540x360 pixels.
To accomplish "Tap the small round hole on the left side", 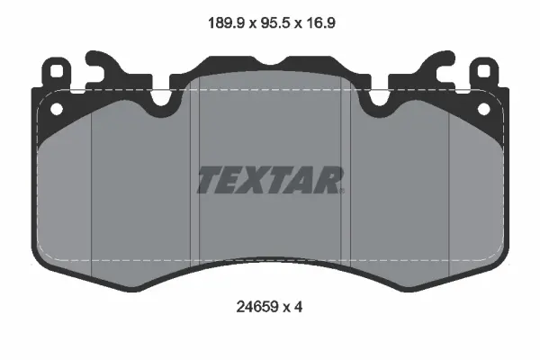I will (x=57, y=109).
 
